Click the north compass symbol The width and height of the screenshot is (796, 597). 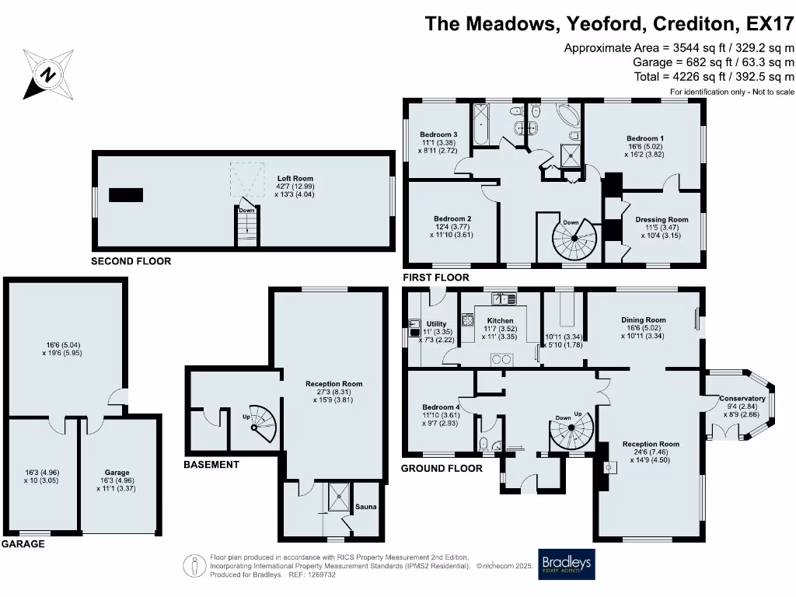[x=47, y=75]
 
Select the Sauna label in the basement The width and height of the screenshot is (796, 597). [x=366, y=507]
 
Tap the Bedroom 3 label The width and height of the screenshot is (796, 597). [x=438, y=134]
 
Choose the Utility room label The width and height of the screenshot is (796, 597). [x=436, y=324]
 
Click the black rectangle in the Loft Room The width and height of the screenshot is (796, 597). [x=126, y=195]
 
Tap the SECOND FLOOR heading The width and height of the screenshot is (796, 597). [x=131, y=261]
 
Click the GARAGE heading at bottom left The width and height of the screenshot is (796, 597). [x=23, y=544]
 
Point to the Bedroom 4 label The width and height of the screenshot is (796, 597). [x=441, y=407]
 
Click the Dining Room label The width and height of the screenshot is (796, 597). [x=644, y=319]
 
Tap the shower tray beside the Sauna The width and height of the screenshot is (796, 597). [x=340, y=495]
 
